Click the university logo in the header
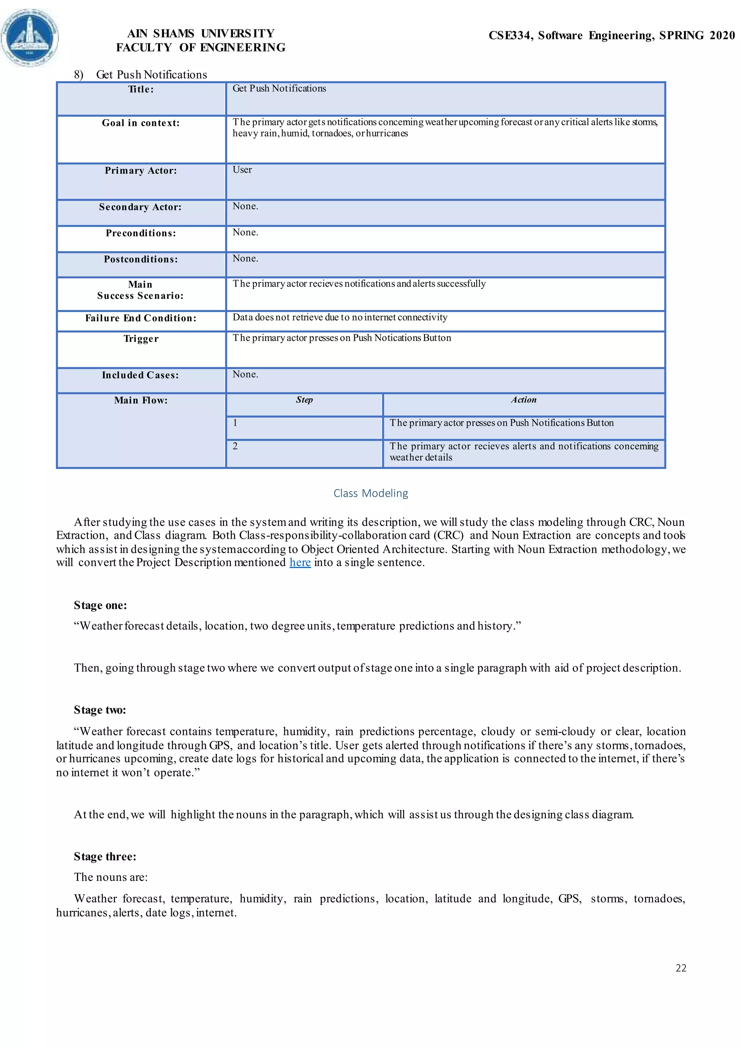click(30, 37)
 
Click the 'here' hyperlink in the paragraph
click(300, 562)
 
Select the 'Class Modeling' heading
click(370, 493)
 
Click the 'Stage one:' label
click(100, 605)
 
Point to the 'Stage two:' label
click(100, 710)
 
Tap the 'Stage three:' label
click(105, 856)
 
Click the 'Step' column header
click(304, 400)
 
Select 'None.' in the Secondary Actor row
click(245, 206)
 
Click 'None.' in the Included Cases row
click(245, 374)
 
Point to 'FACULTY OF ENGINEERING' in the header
click(201, 47)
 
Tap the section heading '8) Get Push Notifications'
click(140, 75)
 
